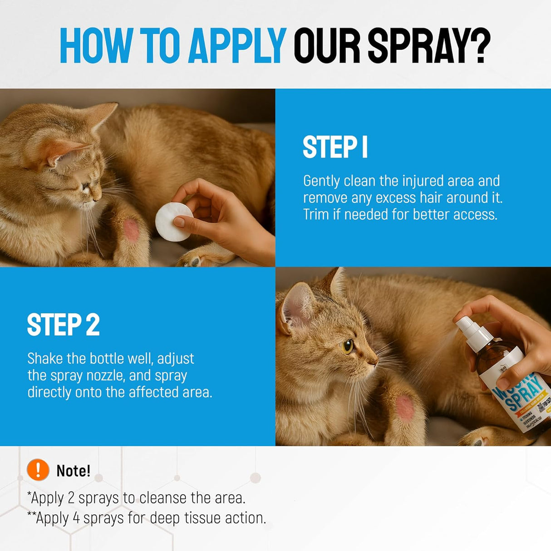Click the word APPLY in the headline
pos(237,46)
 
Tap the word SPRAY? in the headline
pos(429,46)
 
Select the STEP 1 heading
pos(335,148)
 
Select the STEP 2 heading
pos(63,325)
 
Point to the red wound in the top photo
pos(132,230)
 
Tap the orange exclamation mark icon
pos(38,469)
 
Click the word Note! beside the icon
pos(74,471)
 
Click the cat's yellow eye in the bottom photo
pos(348,346)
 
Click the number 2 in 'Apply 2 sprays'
pos(71,498)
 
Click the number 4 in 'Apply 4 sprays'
pos(76,518)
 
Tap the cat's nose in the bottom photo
pos(374,361)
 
